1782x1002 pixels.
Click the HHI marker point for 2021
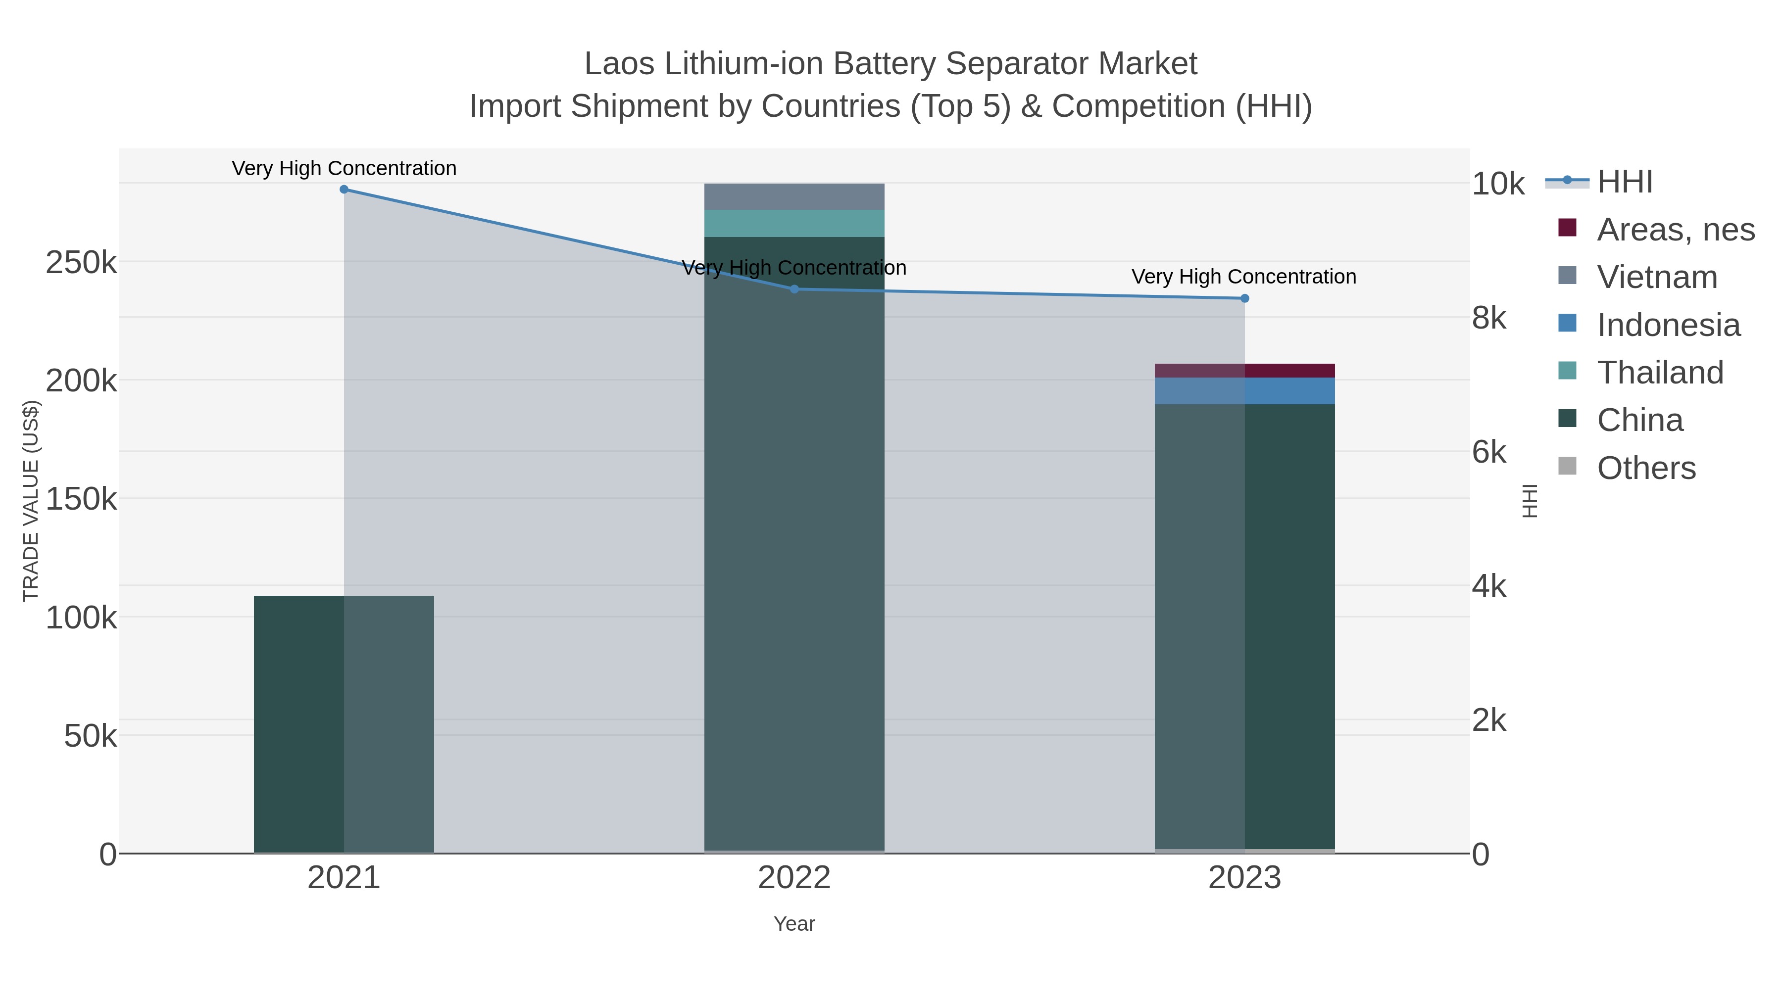pos(344,190)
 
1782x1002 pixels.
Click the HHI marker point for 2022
pos(794,289)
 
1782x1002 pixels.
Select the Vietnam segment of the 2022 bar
pos(794,197)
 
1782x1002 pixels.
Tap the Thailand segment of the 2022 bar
pos(794,223)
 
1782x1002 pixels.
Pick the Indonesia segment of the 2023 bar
pos(1244,391)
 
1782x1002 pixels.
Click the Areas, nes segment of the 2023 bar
pos(1244,371)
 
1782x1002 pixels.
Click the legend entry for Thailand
pos(1660,373)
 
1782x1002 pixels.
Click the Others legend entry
pos(1646,468)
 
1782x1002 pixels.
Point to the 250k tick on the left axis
pos(81,263)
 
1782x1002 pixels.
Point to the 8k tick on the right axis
pos(1488,318)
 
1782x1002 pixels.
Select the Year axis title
pos(794,924)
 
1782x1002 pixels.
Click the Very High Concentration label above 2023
pos(1244,277)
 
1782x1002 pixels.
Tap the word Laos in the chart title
pos(619,64)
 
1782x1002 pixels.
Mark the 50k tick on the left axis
pos(90,736)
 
